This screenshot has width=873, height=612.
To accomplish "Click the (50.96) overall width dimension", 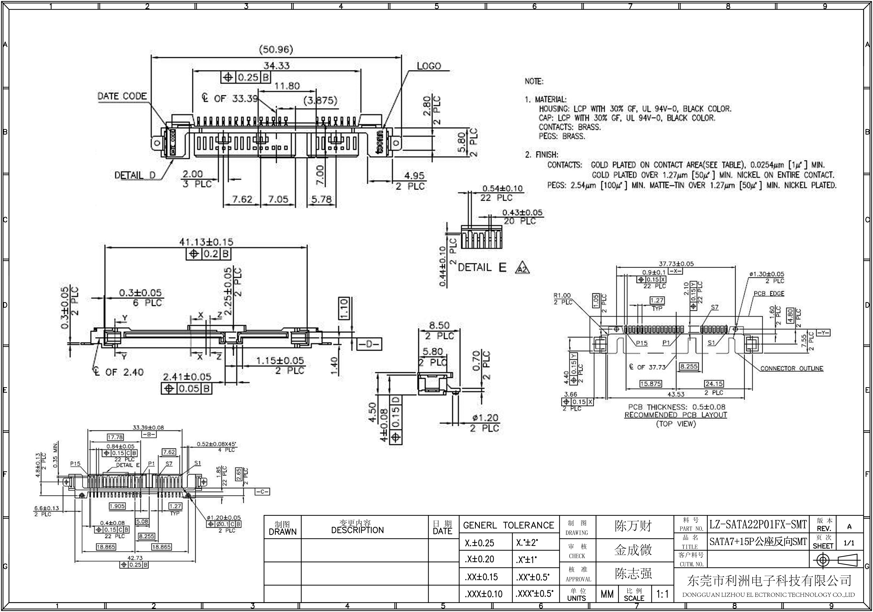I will [276, 50].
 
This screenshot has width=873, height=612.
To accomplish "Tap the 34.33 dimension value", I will [276, 66].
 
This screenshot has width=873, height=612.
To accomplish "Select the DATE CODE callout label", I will [122, 96].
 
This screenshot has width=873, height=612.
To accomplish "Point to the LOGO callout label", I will [429, 66].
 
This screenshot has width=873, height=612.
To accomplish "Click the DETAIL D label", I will [135, 176].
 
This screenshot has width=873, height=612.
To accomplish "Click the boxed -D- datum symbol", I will [370, 344].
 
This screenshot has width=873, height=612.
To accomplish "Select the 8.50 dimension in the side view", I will [439, 326].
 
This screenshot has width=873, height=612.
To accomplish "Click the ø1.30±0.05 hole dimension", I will [766, 274].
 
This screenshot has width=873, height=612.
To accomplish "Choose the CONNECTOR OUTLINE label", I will [792, 368].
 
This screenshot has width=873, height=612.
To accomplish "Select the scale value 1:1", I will [662, 594].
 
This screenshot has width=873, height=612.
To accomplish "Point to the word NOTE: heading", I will [534, 81].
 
